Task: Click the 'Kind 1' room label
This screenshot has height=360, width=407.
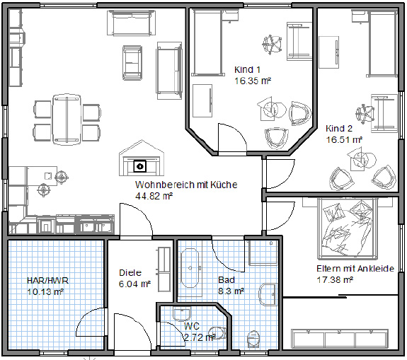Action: [x=247, y=69]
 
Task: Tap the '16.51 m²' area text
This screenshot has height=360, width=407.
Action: [x=344, y=139]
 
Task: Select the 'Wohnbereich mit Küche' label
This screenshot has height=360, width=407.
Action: [x=186, y=185]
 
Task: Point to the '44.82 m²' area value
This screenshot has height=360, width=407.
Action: [x=154, y=196]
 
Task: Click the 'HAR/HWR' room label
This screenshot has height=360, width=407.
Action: [x=47, y=280]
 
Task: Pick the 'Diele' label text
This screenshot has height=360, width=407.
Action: [x=130, y=272]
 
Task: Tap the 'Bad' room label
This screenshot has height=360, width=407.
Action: [x=227, y=279]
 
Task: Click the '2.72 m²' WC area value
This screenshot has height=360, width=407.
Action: [x=200, y=337]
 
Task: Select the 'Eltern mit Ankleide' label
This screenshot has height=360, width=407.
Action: [x=355, y=268]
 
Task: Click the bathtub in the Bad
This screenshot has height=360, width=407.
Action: [x=190, y=268]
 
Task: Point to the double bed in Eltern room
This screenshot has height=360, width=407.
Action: [x=348, y=228]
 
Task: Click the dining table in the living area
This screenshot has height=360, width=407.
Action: [x=67, y=119]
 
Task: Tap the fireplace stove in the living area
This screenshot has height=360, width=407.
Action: [x=142, y=158]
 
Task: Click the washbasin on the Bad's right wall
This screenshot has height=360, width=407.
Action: [x=268, y=294]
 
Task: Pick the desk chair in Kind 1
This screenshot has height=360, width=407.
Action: [x=272, y=45]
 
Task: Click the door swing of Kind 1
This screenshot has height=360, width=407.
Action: [x=232, y=138]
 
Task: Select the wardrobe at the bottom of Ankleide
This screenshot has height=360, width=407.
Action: [x=340, y=339]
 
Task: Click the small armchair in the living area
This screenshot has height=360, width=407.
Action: [x=132, y=63]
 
